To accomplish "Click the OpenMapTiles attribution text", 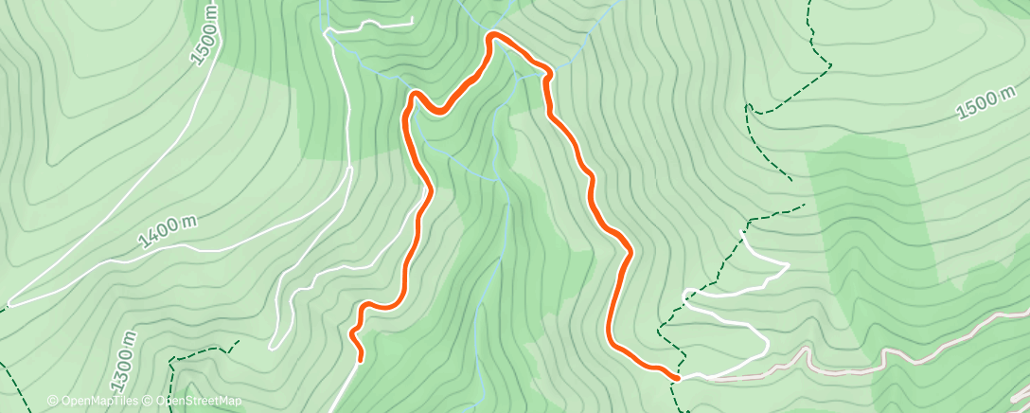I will point(98,402).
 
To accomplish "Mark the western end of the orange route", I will point(361,358).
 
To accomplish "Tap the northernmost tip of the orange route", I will point(493,36).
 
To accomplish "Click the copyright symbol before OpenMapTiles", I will point(52,402).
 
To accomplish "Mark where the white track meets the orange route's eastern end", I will point(680,378).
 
